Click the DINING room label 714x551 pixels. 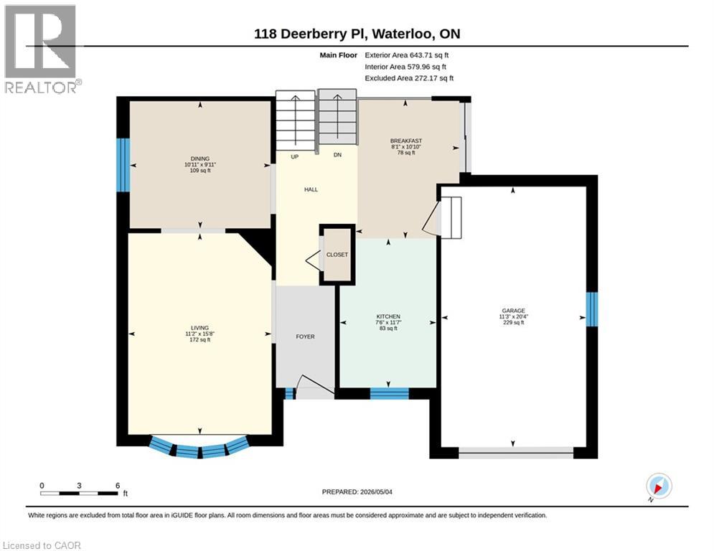point(200,159)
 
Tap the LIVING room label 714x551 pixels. point(200,328)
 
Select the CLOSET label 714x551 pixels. point(337,255)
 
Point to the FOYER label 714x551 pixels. point(305,336)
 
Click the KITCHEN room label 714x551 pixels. point(388,316)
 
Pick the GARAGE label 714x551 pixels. point(514,311)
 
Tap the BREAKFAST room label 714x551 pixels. point(406,141)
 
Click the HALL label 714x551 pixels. point(311,189)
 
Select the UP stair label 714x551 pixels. point(295,156)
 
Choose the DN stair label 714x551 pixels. point(337,155)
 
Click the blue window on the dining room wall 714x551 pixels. point(123,165)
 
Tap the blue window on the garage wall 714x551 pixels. point(591,309)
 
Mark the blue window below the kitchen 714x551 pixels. point(390,393)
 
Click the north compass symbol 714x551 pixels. point(659,486)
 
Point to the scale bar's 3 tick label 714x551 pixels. point(79,486)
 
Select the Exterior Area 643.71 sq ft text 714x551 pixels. point(407,55)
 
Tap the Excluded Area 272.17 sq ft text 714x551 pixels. point(409,78)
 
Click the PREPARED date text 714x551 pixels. point(357,491)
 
